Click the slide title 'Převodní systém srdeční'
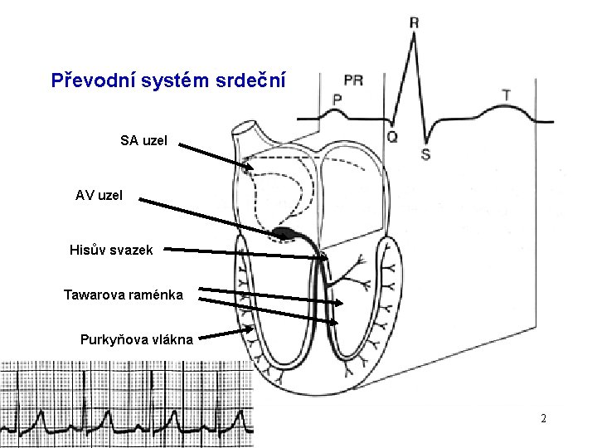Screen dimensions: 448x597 point(168,81)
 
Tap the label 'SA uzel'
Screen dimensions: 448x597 point(143,141)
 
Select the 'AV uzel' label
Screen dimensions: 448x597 point(99,196)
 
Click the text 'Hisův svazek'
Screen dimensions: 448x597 point(111,250)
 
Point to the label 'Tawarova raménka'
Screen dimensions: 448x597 point(124,295)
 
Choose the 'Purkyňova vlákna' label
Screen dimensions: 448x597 point(137,338)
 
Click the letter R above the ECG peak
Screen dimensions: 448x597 point(414,22)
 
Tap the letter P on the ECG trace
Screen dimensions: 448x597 point(337,99)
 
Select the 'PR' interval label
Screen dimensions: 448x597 point(352,80)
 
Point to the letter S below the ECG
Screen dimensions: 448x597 point(425,154)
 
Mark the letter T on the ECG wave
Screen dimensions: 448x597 point(506,96)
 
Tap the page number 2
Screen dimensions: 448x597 point(543,418)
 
